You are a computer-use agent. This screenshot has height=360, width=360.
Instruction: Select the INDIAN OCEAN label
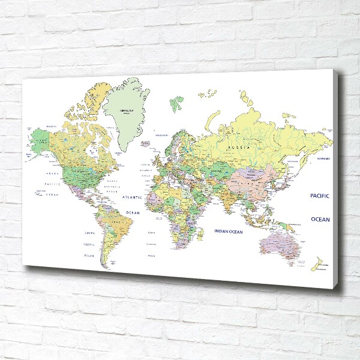pyautogui.click(x=229, y=231)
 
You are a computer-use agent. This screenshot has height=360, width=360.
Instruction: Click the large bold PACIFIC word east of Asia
pyautogui.click(x=320, y=196)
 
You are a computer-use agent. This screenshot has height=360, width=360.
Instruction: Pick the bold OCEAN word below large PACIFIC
pyautogui.click(x=320, y=220)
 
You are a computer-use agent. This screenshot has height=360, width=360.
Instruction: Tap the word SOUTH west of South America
pyautogui.click(x=89, y=233)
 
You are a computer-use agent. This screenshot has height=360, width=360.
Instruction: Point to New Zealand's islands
pyautogui.click(x=316, y=263)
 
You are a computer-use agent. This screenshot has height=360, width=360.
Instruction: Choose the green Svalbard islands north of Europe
pyautogui.click(x=175, y=103)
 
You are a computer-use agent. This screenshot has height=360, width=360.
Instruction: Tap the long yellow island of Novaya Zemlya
pyautogui.click(x=211, y=117)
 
